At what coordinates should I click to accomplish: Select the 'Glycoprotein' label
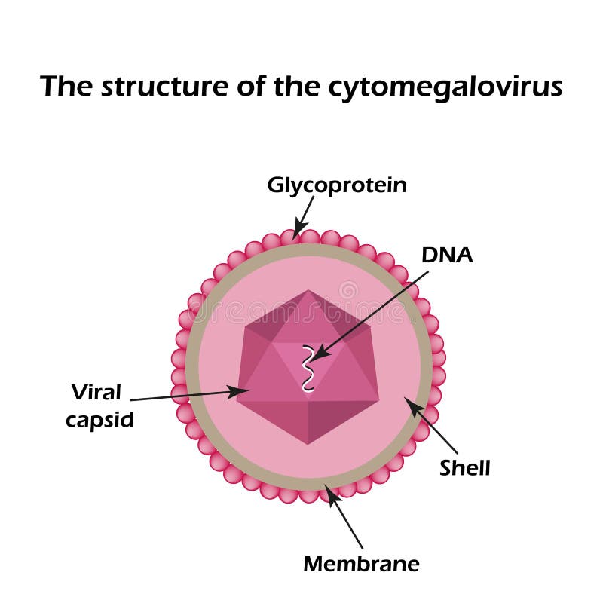[x=337, y=185]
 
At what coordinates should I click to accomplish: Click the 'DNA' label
[x=447, y=255]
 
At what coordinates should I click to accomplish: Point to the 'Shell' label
[x=465, y=468]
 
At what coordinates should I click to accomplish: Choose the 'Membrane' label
[x=361, y=563]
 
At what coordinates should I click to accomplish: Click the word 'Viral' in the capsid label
[x=96, y=392]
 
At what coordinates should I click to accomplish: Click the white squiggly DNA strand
[x=307, y=368]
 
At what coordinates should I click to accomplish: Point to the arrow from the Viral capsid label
[x=188, y=395]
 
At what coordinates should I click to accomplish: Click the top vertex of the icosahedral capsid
[x=307, y=290]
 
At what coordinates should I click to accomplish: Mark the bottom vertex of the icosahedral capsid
[x=307, y=444]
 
